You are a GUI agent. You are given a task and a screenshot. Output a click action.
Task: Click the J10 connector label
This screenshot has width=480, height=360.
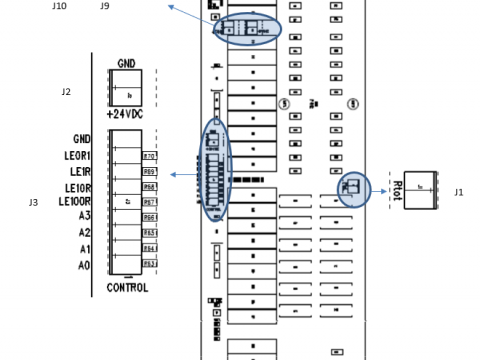pyautogui.click(x=59, y=6)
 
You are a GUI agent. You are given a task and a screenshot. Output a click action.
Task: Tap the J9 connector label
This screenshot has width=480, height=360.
pyautogui.click(x=105, y=6)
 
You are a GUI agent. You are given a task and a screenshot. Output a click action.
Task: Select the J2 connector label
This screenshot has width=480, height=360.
pyautogui.click(x=66, y=91)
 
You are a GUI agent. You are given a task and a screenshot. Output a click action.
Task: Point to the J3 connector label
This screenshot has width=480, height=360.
pyautogui.click(x=33, y=202)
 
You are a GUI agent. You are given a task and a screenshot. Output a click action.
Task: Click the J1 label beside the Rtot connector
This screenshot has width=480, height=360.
pyautogui.click(x=459, y=191)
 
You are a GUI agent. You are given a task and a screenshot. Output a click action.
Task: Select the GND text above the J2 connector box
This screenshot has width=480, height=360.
pyautogui.click(x=127, y=62)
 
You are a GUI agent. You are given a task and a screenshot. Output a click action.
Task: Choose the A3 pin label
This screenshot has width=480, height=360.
pyautogui.click(x=85, y=215)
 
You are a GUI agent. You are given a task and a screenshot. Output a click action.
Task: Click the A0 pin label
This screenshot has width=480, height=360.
pyautogui.click(x=85, y=264)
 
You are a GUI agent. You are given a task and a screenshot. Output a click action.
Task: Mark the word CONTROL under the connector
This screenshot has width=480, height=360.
pyautogui.click(x=127, y=287)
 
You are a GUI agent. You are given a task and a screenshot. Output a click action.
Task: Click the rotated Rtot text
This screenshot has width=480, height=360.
pyautogui.click(x=397, y=189)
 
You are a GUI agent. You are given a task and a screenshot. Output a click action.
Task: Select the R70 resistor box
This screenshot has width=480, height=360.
pyautogui.click(x=150, y=156)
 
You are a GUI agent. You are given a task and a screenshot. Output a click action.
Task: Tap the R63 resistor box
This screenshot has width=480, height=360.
pyautogui.click(x=150, y=264)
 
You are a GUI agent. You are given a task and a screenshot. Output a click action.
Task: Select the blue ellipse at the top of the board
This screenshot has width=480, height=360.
pyautogui.click(x=246, y=29)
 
